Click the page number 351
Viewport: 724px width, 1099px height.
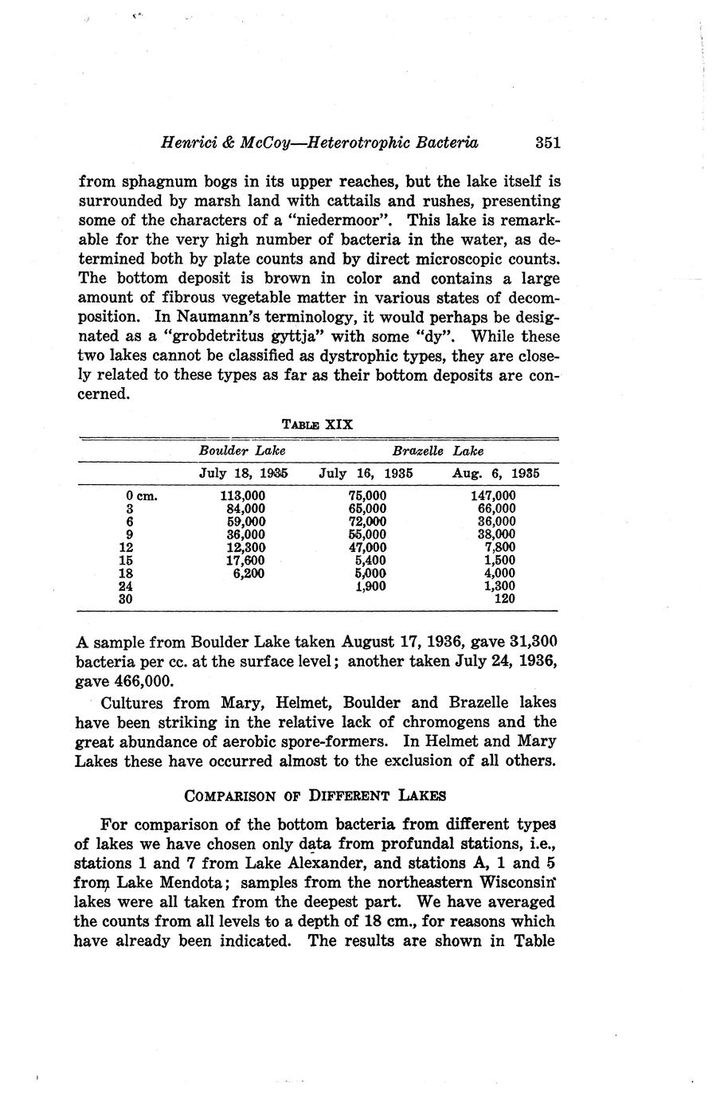[x=548, y=143]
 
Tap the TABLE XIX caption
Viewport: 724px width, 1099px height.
[x=318, y=424]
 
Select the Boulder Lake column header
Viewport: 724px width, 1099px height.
[x=242, y=451]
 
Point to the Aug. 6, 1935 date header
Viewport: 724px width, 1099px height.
[x=495, y=473]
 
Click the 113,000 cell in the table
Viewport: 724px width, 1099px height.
[x=242, y=495]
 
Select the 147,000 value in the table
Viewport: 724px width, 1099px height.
[x=493, y=495]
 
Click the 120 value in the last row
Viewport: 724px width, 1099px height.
[x=504, y=599]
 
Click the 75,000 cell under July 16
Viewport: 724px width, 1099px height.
[x=367, y=495]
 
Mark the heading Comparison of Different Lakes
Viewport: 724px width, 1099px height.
[x=315, y=795]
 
